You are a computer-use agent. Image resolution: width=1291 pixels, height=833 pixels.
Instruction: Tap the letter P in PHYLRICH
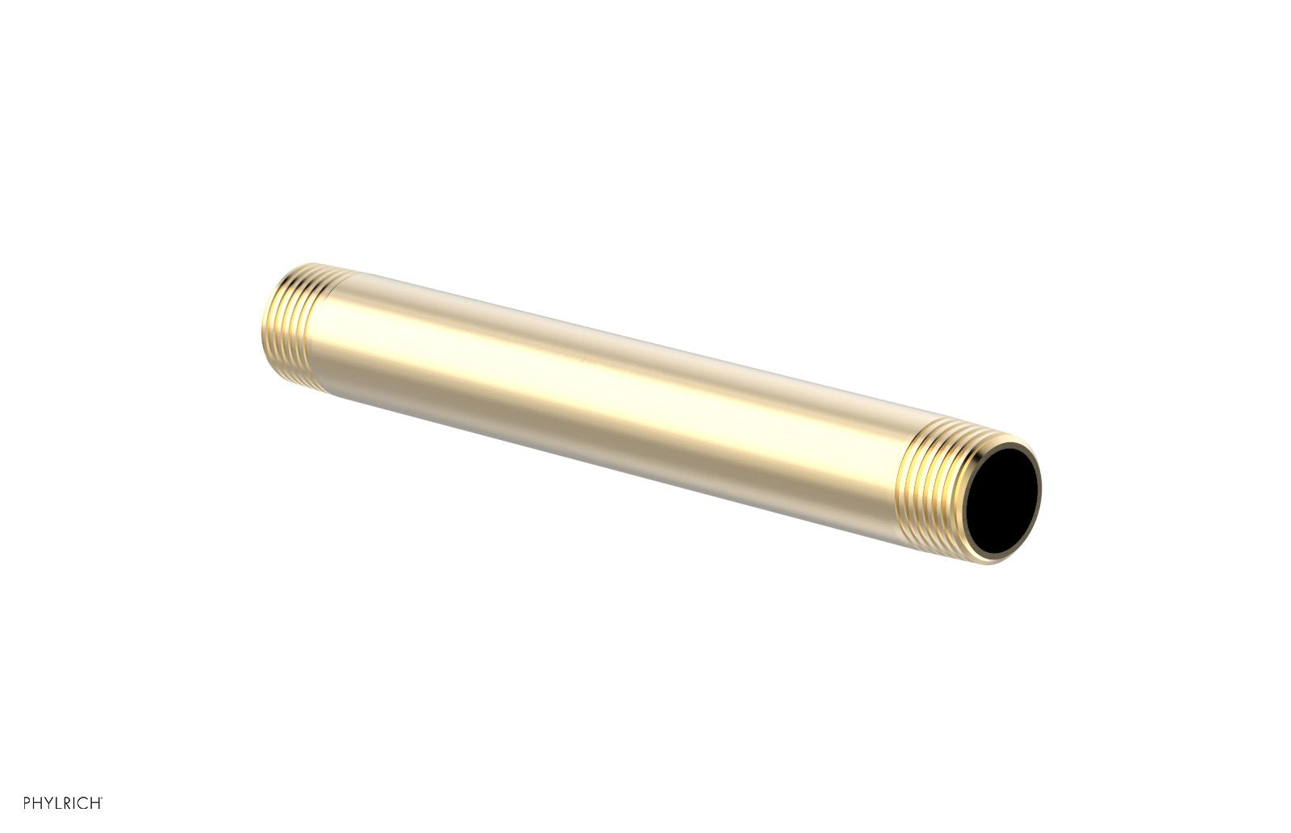point(27,802)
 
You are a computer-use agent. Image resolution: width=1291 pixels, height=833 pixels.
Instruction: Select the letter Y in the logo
point(48,802)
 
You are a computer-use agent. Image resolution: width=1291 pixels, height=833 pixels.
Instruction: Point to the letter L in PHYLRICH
point(58,802)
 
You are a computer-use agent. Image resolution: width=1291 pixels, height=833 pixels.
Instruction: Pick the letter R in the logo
point(67,802)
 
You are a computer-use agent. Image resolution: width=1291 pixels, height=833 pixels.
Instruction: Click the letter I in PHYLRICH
point(74,802)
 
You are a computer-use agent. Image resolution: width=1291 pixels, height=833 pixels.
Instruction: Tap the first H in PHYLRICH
point(37,802)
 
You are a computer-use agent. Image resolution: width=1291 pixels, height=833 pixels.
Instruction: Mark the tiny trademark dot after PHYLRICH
point(102,798)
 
